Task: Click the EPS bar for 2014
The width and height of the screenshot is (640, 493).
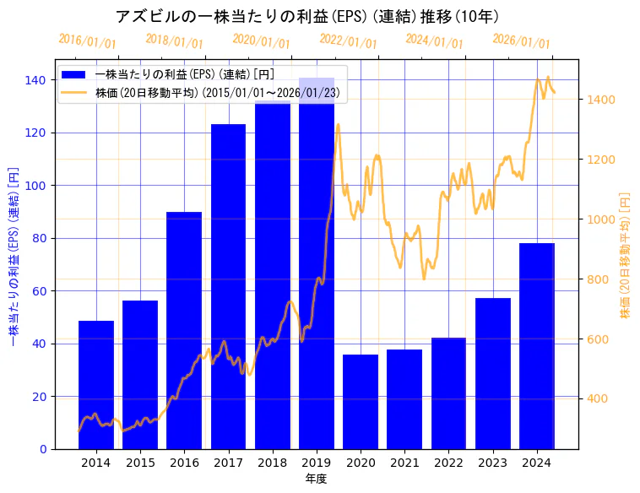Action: coord(96,385)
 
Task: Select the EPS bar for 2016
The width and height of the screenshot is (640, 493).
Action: coord(184,330)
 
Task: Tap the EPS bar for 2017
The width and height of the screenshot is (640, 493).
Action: coord(228,286)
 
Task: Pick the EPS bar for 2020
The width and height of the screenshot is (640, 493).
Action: coord(361,402)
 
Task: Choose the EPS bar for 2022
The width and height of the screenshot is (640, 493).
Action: coord(448,393)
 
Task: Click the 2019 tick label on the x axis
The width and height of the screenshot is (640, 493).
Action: coord(317,463)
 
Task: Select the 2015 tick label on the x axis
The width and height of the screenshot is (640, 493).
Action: coord(140,463)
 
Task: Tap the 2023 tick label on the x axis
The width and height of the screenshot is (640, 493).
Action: coord(493,463)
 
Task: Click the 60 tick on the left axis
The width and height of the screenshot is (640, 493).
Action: coord(39,291)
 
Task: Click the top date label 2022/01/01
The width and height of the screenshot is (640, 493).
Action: coord(349,41)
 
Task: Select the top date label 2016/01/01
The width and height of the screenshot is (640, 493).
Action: coord(88,41)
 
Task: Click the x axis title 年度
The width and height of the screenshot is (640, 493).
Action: coord(316,479)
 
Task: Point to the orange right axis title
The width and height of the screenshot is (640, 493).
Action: coord(626,254)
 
